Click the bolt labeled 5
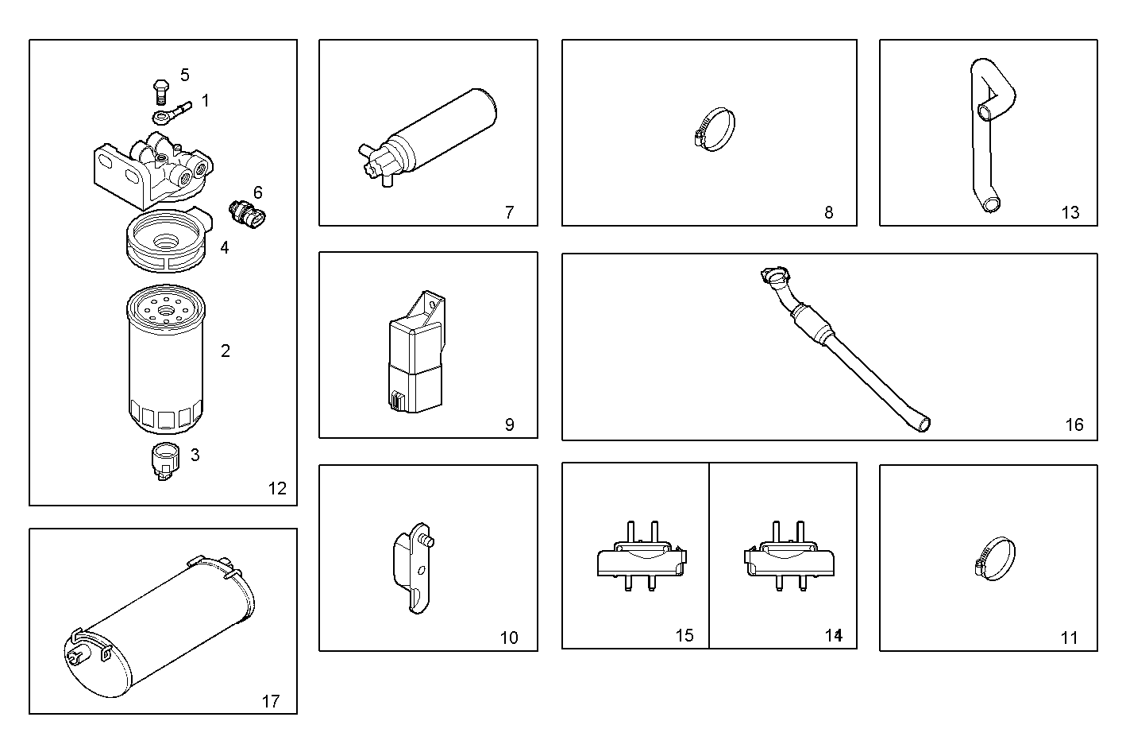point(160,89)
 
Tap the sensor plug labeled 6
point(246,211)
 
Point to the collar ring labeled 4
point(167,238)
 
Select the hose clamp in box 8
point(712,129)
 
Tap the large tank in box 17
point(159,632)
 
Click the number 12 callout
point(276,488)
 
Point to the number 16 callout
point(1074,424)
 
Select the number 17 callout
point(271,701)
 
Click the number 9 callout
point(509,424)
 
